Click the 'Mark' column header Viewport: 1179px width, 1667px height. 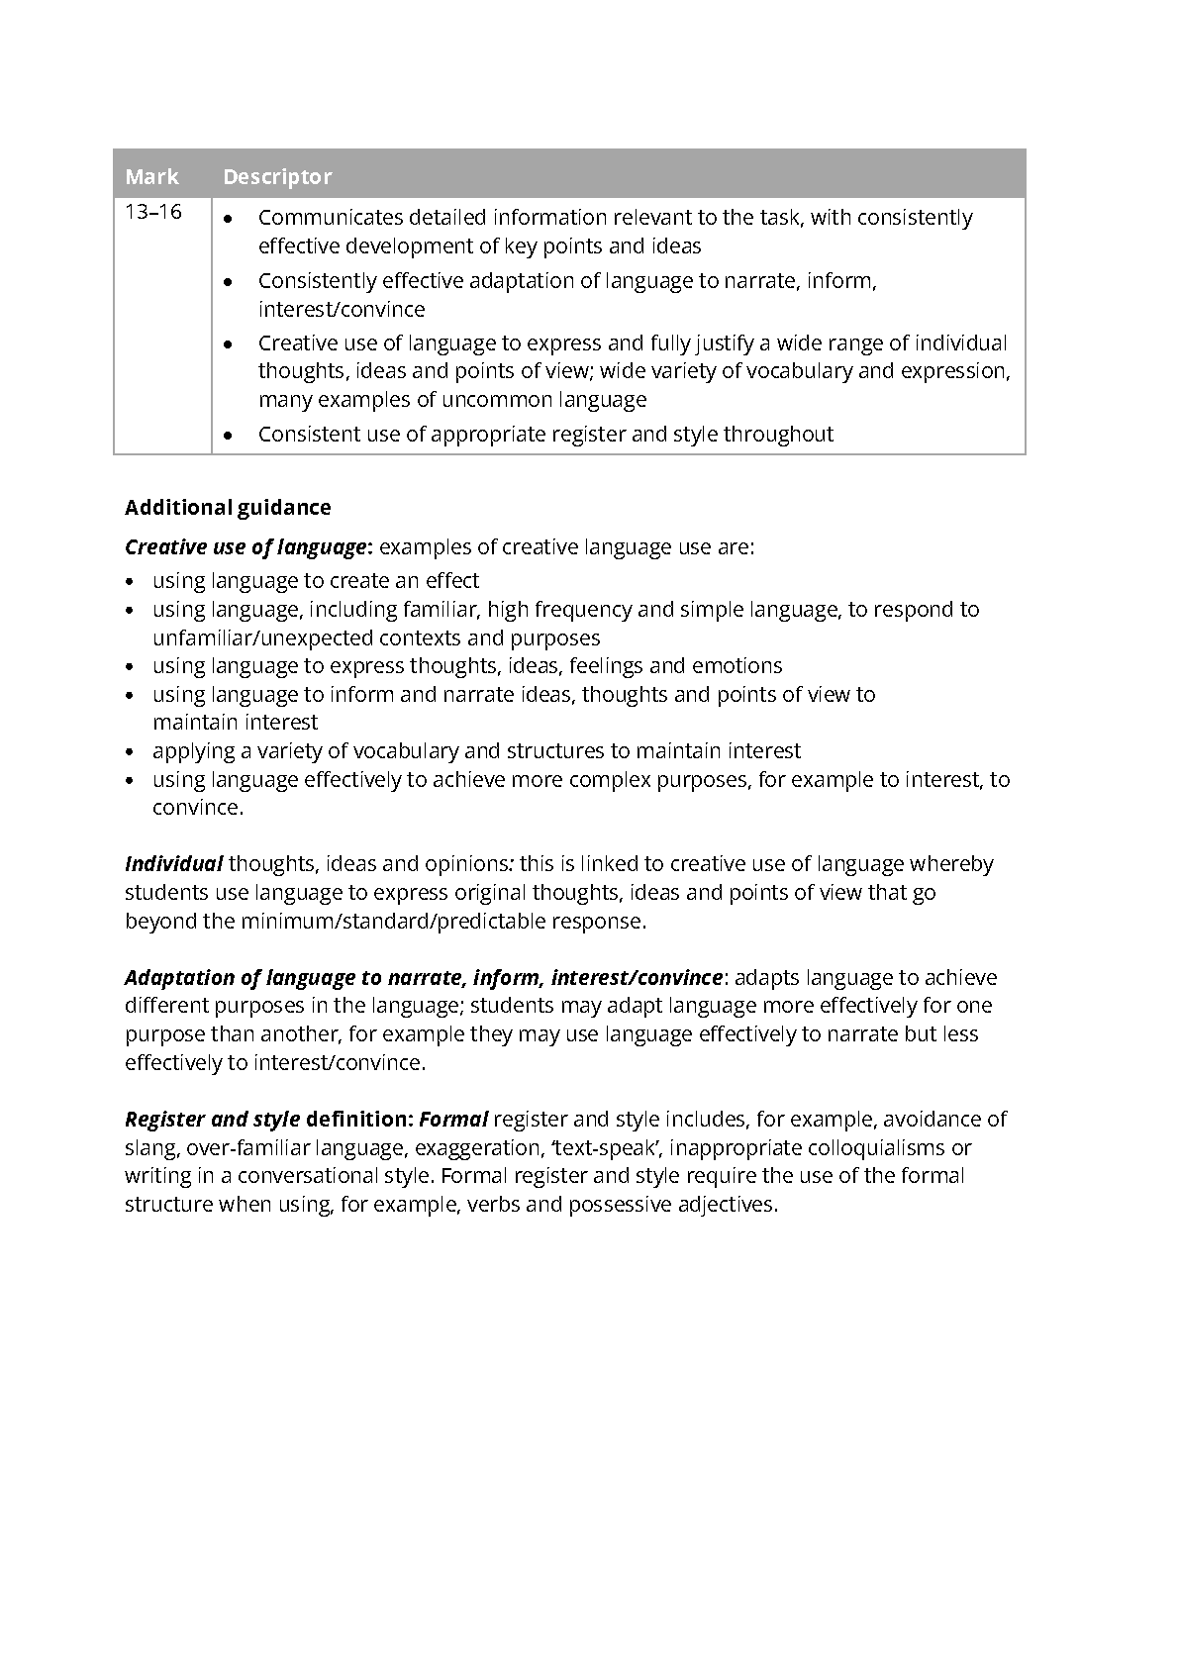coord(151,177)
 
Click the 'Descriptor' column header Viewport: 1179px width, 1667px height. coord(276,177)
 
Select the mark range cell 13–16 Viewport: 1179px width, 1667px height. coord(153,212)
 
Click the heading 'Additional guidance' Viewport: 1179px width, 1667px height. coord(228,508)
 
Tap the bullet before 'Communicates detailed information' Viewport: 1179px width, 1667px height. coord(230,218)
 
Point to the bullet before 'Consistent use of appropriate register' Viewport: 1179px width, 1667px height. coord(230,435)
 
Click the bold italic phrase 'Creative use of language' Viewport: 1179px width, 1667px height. coord(246,547)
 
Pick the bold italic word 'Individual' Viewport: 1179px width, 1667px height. coord(173,864)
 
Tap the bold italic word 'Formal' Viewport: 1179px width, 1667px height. coord(453,1120)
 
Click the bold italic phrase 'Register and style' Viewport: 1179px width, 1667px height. coord(212,1120)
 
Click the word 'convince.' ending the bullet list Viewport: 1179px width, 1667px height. coord(197,808)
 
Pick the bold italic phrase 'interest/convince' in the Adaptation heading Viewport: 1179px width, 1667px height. coord(637,978)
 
